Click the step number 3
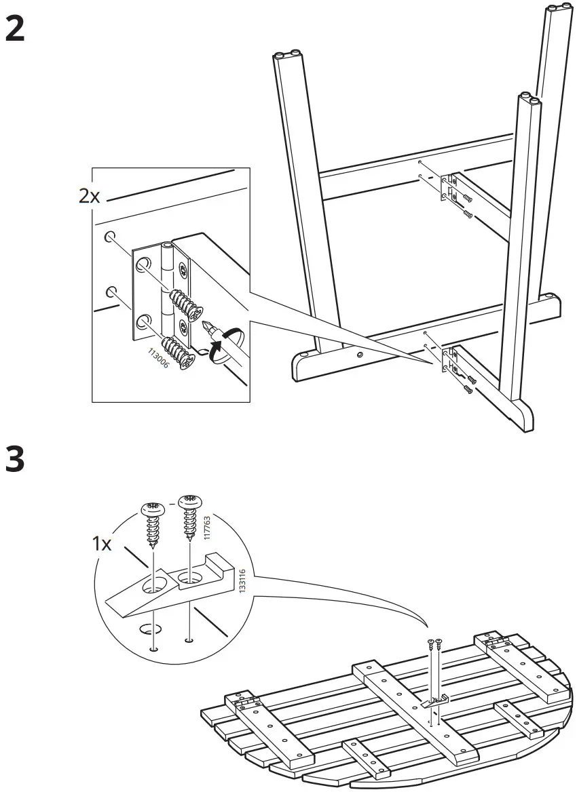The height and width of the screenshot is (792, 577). point(15,459)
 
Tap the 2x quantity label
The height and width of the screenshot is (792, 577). point(90,197)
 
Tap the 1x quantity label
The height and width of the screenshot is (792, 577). point(103,544)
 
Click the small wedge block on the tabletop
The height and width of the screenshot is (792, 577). point(434,700)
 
